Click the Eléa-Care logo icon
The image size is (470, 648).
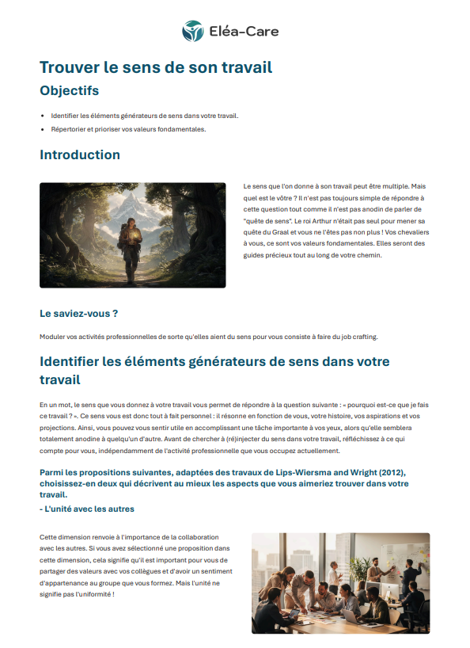click(x=192, y=32)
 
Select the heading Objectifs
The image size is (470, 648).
click(x=69, y=90)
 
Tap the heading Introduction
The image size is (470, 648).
click(x=80, y=154)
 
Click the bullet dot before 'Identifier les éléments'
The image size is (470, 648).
click(x=43, y=116)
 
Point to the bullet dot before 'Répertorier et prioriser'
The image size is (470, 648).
click(x=43, y=129)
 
